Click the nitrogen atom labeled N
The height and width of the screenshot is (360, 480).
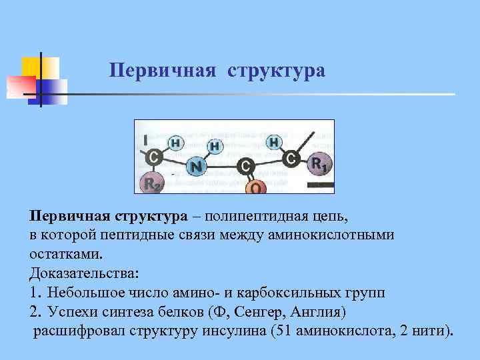(x=196, y=167)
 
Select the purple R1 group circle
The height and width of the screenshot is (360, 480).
(x=318, y=163)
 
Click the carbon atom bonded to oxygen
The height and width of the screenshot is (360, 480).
(x=246, y=164)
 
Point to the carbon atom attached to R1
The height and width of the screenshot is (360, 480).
(x=291, y=159)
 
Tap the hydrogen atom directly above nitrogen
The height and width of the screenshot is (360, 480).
(x=215, y=145)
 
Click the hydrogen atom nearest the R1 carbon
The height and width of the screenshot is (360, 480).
(x=274, y=141)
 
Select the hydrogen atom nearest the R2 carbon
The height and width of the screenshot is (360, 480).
(x=175, y=142)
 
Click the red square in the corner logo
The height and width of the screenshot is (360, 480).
(x=19, y=86)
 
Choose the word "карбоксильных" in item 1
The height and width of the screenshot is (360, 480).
(x=281, y=293)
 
